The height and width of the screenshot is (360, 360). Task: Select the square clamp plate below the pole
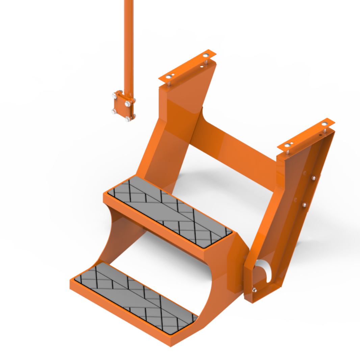coord(122,106)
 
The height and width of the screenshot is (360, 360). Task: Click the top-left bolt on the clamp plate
coord(115,97)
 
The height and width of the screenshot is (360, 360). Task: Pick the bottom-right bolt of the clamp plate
coord(128,119)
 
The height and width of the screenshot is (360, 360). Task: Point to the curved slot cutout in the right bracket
coord(266,270)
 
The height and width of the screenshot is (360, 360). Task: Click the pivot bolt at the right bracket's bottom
coord(254,290)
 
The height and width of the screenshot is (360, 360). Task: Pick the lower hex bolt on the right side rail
coord(303,205)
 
